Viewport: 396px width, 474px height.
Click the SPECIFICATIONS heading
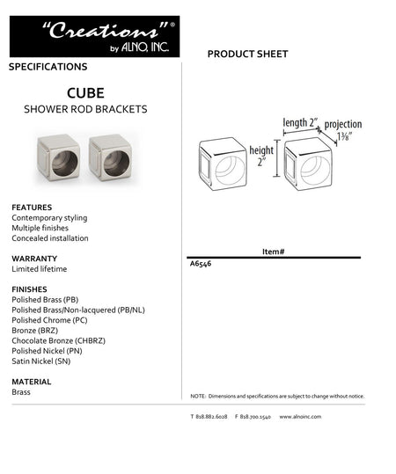[48, 67]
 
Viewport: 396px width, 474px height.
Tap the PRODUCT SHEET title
[247, 55]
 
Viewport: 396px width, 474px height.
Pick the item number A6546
[201, 263]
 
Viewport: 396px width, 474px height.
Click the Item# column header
[273, 252]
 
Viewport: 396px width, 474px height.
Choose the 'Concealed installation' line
[50, 238]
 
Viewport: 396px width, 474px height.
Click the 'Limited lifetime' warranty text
[39, 269]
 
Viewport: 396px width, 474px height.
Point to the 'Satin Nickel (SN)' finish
[40, 361]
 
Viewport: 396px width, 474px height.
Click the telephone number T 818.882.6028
[209, 416]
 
